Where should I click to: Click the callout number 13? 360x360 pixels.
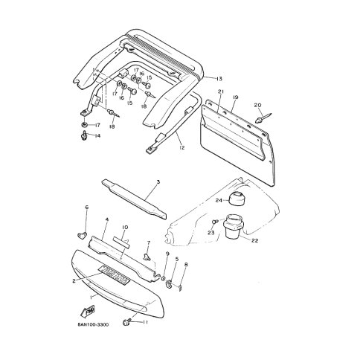pyautogui.click(x=219, y=77)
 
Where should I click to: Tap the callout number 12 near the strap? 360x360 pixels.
pyautogui.click(x=181, y=148)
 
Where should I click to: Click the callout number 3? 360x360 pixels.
pyautogui.click(x=158, y=182)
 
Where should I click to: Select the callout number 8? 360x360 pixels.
pyautogui.click(x=186, y=265)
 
